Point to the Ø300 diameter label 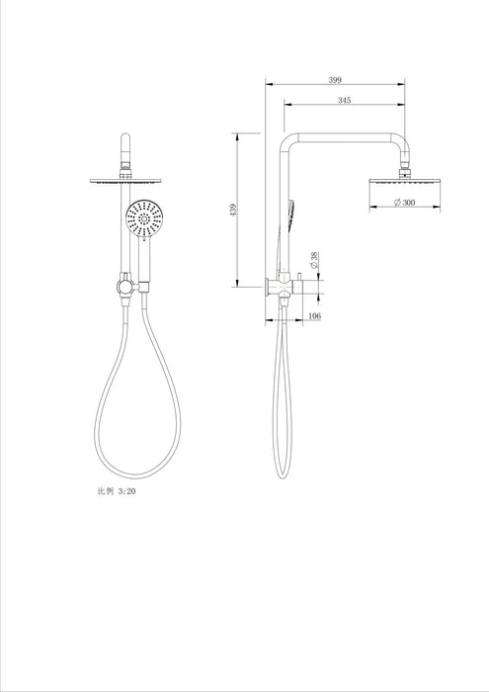tap(402, 202)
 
